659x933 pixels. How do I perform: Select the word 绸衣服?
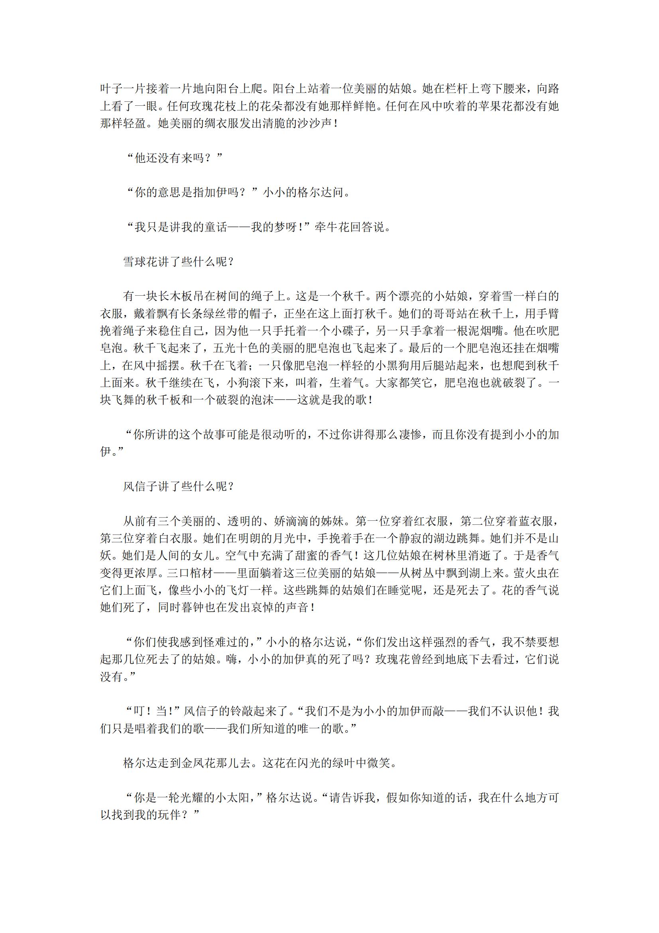click(220, 124)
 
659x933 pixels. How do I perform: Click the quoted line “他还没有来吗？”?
click(175, 158)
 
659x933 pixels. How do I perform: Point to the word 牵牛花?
click(332, 227)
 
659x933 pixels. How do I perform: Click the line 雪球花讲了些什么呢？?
click(179, 262)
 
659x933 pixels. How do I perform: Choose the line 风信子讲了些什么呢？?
click(179, 486)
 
